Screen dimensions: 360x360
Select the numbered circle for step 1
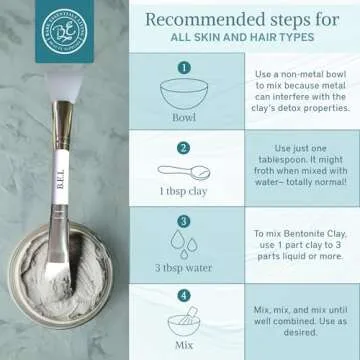183,67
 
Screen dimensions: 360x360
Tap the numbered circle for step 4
183,297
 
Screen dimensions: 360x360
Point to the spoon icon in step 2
187,171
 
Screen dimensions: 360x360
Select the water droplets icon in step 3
184,244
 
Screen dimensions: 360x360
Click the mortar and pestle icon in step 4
184,323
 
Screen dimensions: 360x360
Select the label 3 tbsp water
184,268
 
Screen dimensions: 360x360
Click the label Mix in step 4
184,346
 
